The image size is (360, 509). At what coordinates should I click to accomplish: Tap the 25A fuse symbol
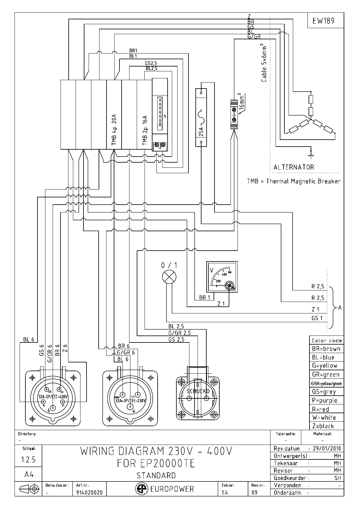(x=201, y=117)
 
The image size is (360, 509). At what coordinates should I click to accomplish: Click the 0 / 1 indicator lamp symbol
(x=169, y=277)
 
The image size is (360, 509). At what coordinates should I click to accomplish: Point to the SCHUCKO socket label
(x=198, y=391)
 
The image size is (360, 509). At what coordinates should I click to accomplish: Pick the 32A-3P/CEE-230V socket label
(x=130, y=400)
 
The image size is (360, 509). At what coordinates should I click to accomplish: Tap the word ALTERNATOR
(x=293, y=167)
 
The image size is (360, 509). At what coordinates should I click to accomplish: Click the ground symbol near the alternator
(x=310, y=155)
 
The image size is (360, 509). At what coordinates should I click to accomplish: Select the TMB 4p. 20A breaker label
(x=114, y=130)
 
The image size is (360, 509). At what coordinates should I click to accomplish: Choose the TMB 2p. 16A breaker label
(x=145, y=131)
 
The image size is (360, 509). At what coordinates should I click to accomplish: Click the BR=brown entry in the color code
(x=326, y=349)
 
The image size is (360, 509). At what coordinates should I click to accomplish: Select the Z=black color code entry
(x=323, y=426)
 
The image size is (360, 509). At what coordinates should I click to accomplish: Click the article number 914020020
(x=89, y=492)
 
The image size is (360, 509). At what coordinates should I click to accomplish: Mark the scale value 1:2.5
(x=28, y=460)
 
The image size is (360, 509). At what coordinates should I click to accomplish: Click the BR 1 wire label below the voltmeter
(x=205, y=297)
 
